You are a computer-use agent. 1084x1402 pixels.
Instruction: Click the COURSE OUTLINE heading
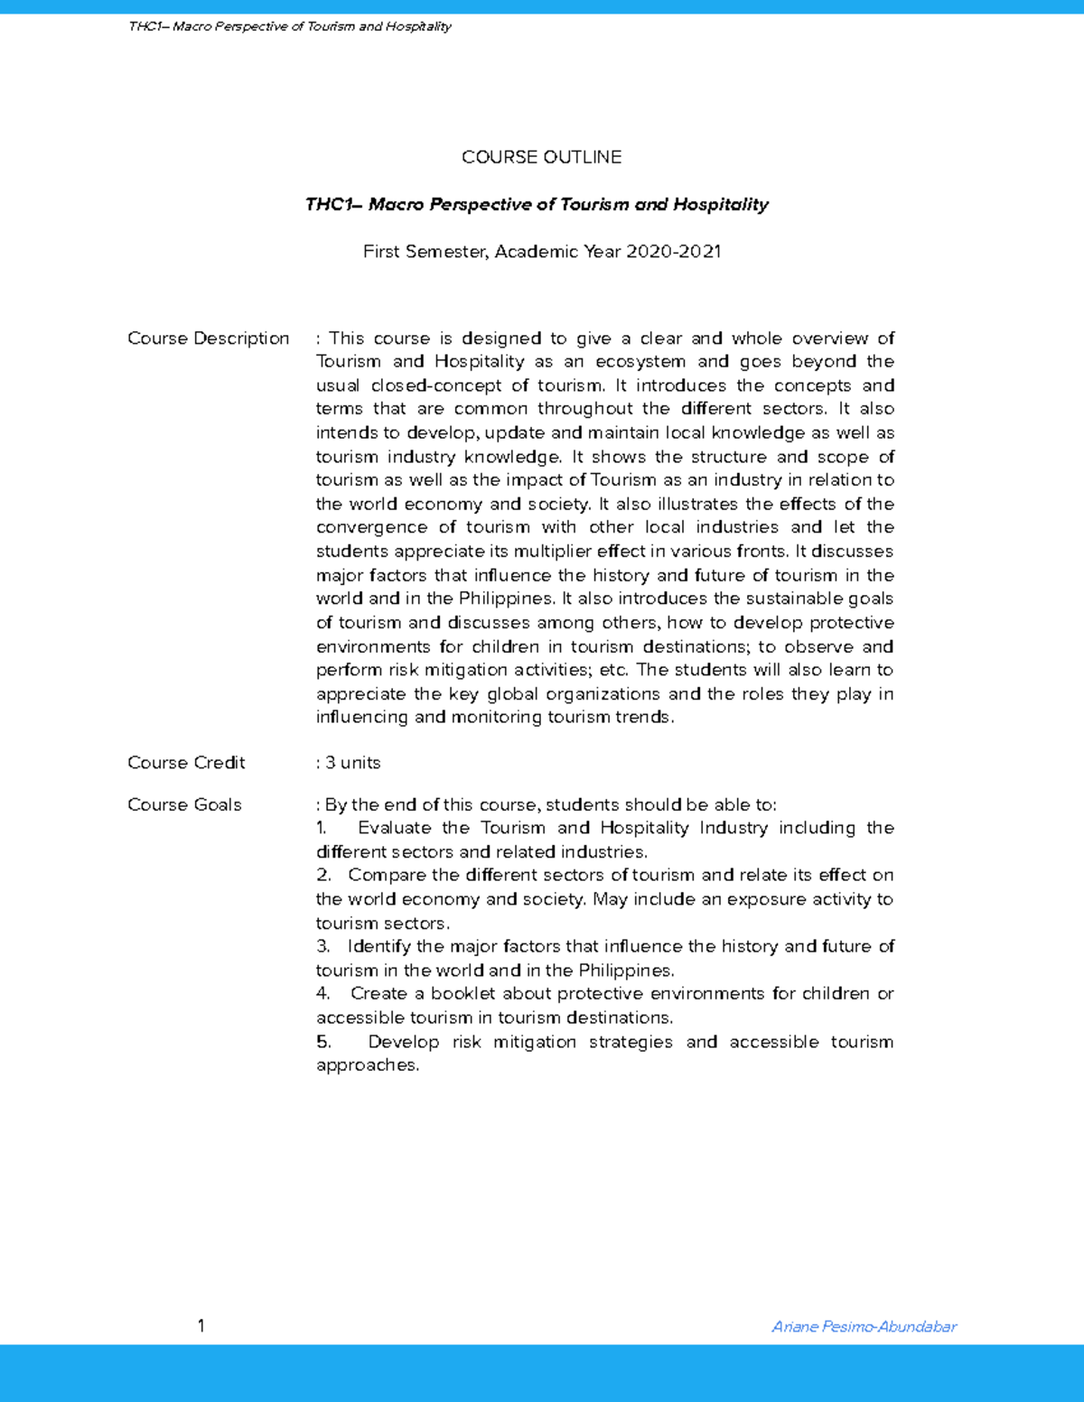(541, 157)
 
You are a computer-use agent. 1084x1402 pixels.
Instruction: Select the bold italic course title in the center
(537, 205)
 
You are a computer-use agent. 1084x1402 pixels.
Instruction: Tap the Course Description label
(208, 339)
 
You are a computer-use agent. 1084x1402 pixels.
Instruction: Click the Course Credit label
(186, 763)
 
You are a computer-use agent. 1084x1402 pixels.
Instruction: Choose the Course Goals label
(184, 804)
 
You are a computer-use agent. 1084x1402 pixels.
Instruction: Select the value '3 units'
(352, 763)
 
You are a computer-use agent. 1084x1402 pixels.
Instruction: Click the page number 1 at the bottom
(201, 1325)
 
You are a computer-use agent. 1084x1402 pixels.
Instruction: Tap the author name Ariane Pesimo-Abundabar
(864, 1326)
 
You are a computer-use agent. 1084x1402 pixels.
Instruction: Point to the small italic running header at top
(290, 26)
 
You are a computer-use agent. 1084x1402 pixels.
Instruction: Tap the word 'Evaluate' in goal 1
(394, 828)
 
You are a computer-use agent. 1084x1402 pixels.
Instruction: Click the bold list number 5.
(323, 1042)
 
